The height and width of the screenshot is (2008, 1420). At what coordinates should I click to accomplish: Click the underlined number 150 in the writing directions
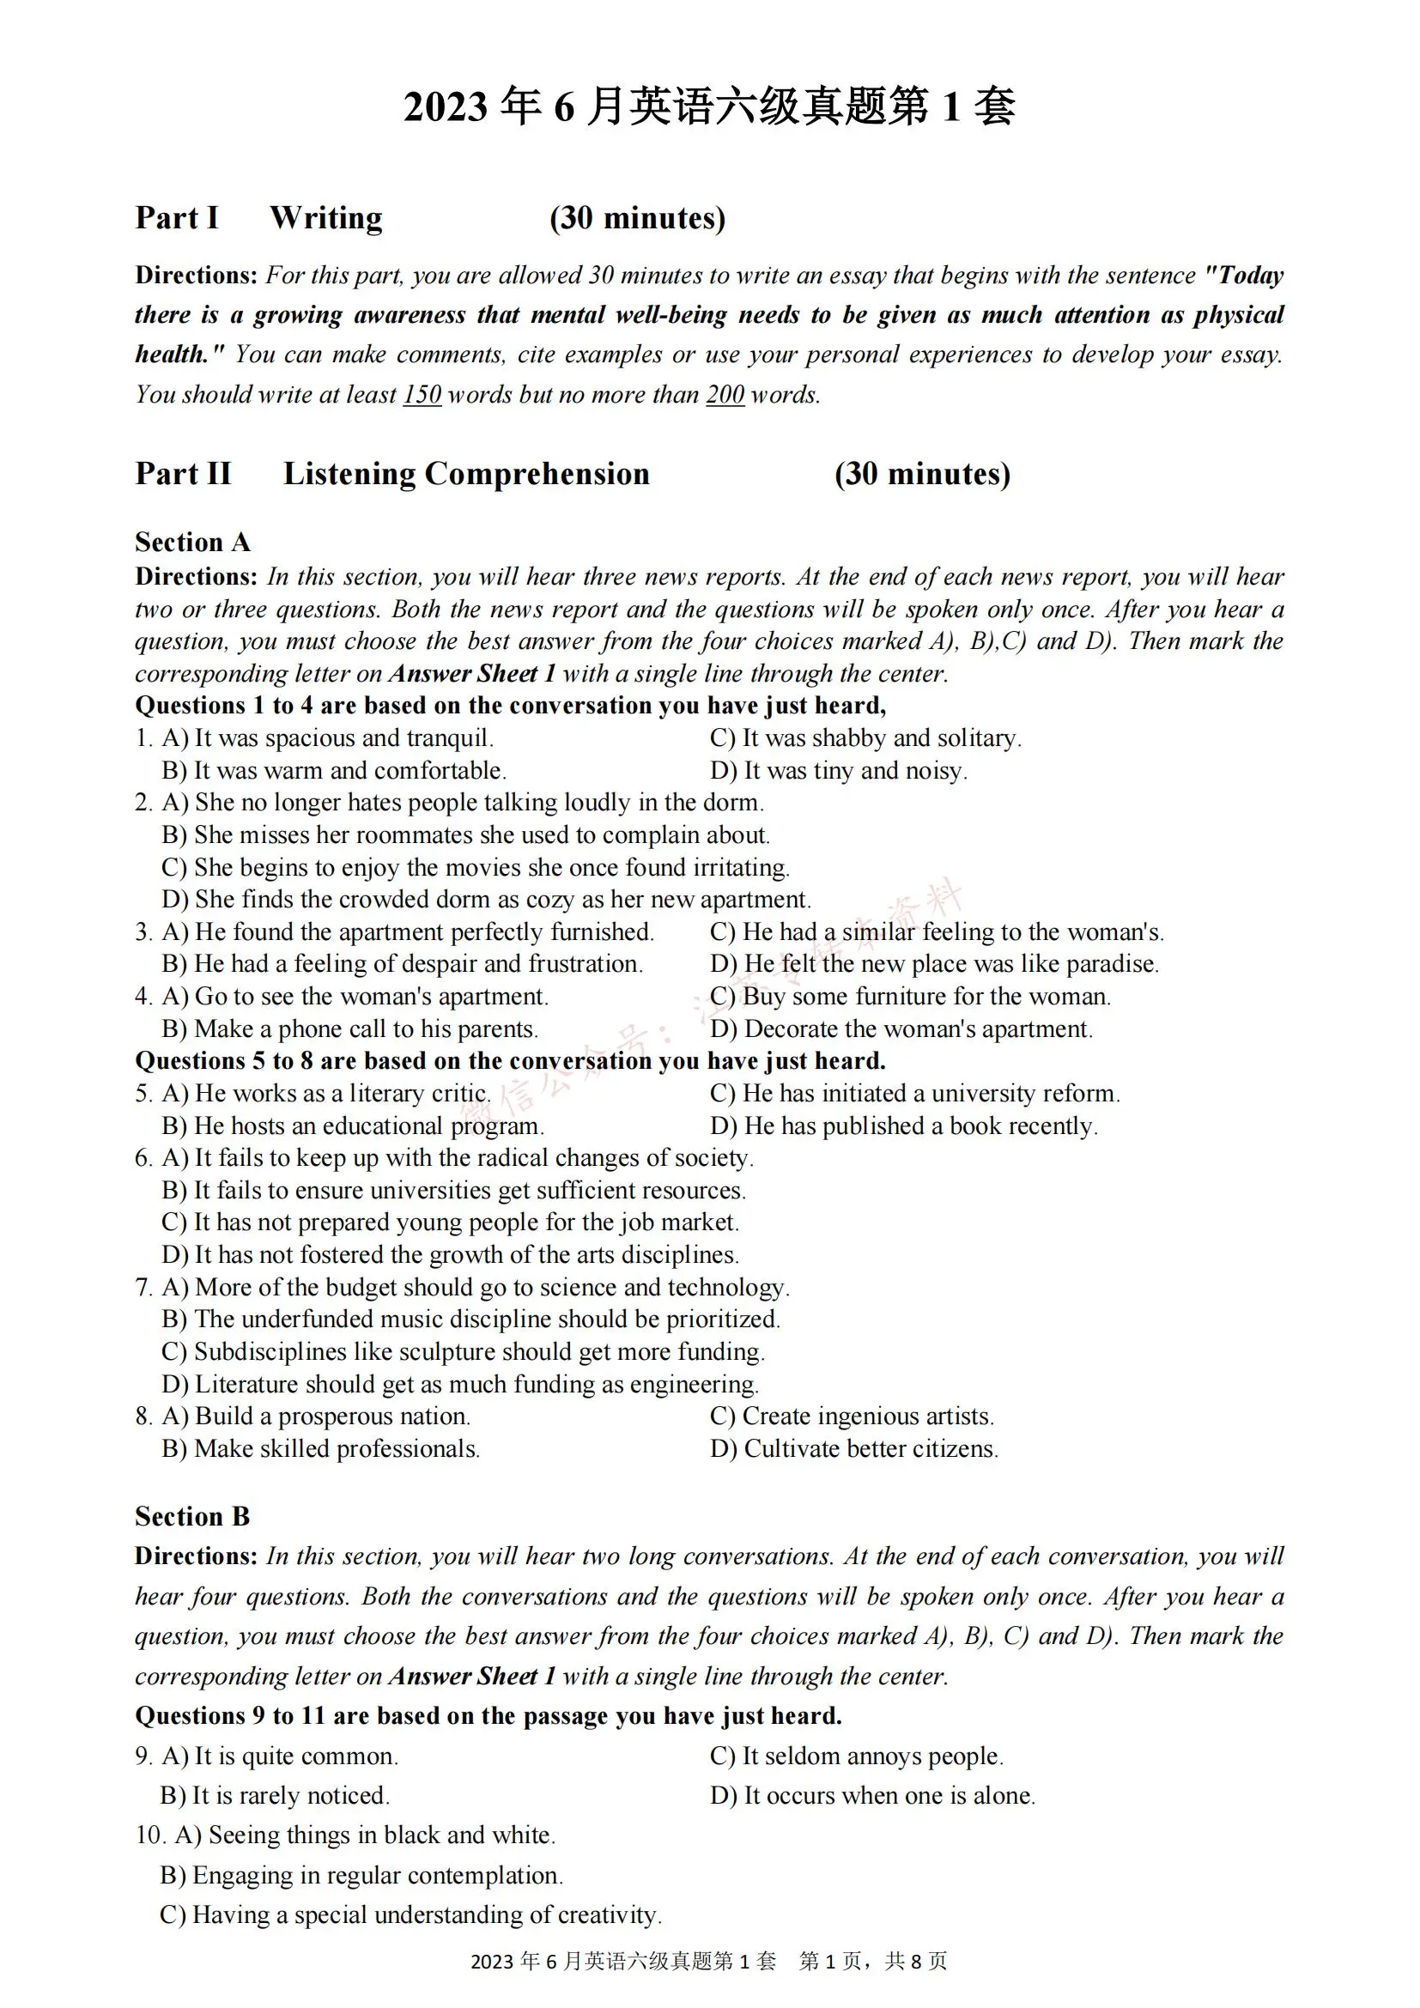point(422,394)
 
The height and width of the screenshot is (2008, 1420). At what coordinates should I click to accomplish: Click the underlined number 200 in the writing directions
point(725,394)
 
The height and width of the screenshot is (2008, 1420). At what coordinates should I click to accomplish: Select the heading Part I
point(177,218)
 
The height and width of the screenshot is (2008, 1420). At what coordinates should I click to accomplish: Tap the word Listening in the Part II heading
point(349,473)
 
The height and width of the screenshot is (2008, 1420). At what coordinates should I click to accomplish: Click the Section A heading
point(192,543)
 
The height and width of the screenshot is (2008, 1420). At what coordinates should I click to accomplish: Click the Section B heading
point(192,1516)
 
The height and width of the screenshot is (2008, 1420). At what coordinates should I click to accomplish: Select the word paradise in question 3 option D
point(1110,964)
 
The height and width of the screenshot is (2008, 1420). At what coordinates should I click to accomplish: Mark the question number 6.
point(143,1158)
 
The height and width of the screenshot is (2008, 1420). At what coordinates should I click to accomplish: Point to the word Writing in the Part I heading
point(325,218)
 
